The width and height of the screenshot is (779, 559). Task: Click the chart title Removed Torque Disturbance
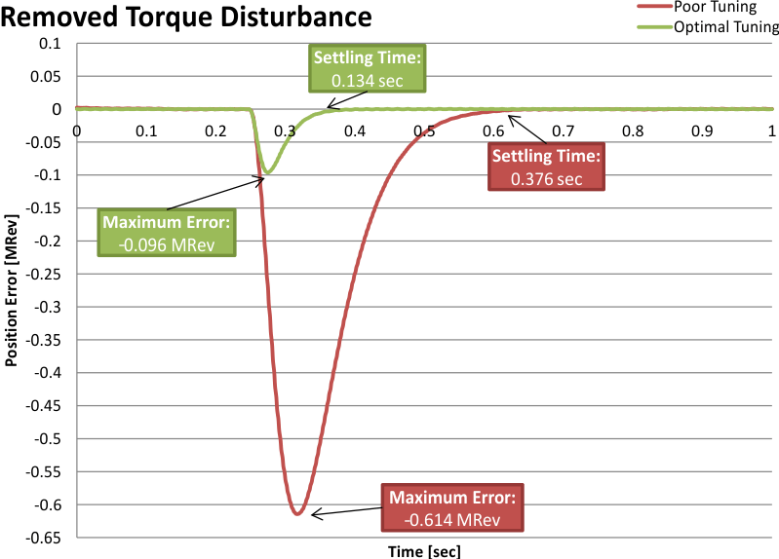point(188,17)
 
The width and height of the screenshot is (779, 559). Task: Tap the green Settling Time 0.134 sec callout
point(369,69)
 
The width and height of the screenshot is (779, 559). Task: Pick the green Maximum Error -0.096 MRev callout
point(168,233)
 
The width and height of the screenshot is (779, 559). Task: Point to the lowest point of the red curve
point(298,513)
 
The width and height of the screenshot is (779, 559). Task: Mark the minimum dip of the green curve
point(267,172)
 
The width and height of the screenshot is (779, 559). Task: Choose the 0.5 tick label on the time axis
point(423,130)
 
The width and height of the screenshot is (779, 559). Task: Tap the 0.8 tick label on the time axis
point(633,130)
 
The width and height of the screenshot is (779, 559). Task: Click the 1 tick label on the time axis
point(772,130)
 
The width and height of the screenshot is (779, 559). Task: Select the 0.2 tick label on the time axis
point(214,130)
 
